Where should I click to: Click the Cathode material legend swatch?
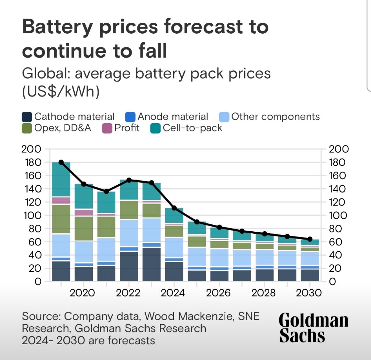[27, 117]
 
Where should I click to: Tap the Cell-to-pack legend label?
[192, 128]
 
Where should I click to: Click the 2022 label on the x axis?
[128, 293]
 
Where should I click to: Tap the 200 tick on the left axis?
[31, 149]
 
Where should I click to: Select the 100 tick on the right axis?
[338, 216]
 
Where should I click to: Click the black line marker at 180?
[61, 162]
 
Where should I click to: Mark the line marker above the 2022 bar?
[129, 180]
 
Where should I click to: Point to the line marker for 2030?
[310, 239]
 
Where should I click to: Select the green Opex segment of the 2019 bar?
[61, 219]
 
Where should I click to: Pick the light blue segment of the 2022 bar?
[129, 233]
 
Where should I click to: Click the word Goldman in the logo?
[313, 321]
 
